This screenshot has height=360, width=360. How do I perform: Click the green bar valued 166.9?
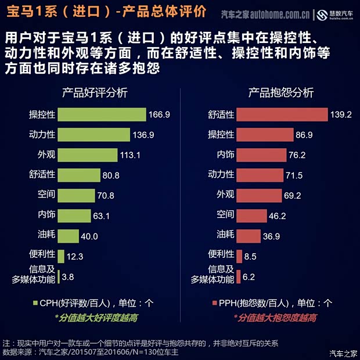click(x=102, y=114)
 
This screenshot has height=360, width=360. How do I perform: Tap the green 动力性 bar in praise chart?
click(x=93, y=135)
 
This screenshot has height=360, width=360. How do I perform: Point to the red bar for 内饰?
click(x=262, y=155)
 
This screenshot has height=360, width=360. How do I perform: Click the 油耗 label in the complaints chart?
click(x=225, y=235)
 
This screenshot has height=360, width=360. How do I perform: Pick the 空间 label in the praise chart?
click(x=46, y=195)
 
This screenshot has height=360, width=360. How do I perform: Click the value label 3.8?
click(x=68, y=277)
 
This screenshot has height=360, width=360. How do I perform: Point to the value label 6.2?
click(x=249, y=277)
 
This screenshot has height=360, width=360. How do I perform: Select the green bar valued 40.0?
click(x=68, y=236)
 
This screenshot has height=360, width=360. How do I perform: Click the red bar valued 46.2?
click(x=250, y=215)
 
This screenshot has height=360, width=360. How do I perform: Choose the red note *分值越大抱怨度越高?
click(x=275, y=318)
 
